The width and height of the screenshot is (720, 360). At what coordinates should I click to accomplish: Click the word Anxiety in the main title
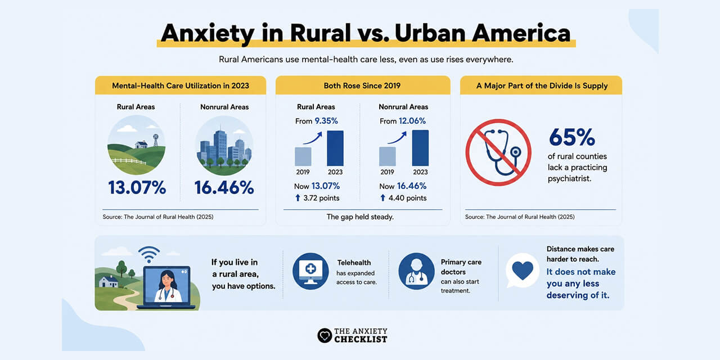208,33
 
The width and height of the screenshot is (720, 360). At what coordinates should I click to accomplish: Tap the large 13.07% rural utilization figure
137,188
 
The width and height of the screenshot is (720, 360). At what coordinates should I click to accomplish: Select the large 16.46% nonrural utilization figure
224,188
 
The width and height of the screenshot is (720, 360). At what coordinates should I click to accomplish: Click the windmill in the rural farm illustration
156,140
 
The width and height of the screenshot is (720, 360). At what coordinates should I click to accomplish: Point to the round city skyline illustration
224,145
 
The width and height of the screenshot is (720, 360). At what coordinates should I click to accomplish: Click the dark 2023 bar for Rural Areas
335,148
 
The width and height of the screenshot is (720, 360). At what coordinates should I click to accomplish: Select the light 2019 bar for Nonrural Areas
388,156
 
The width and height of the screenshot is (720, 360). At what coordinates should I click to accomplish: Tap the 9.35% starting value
326,121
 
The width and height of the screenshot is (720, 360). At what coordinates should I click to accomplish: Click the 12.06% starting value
412,121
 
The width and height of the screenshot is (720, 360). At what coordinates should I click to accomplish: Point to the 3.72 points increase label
317,198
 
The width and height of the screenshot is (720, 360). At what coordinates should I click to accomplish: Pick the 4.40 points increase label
403,198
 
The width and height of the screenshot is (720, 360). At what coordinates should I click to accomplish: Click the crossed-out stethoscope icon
498,152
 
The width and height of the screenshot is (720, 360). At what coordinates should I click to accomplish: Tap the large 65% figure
572,138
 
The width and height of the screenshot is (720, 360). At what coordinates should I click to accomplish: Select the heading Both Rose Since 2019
362,86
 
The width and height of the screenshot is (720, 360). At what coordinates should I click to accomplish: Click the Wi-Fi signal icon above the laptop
149,255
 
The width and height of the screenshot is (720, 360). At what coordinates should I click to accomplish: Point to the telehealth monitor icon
310,271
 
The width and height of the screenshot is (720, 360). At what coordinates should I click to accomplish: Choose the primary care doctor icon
416,271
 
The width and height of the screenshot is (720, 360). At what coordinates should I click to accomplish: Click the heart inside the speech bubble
523,270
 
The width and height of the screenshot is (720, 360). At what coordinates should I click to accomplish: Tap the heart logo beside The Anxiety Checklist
325,336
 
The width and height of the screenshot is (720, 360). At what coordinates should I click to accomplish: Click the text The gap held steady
360,217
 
